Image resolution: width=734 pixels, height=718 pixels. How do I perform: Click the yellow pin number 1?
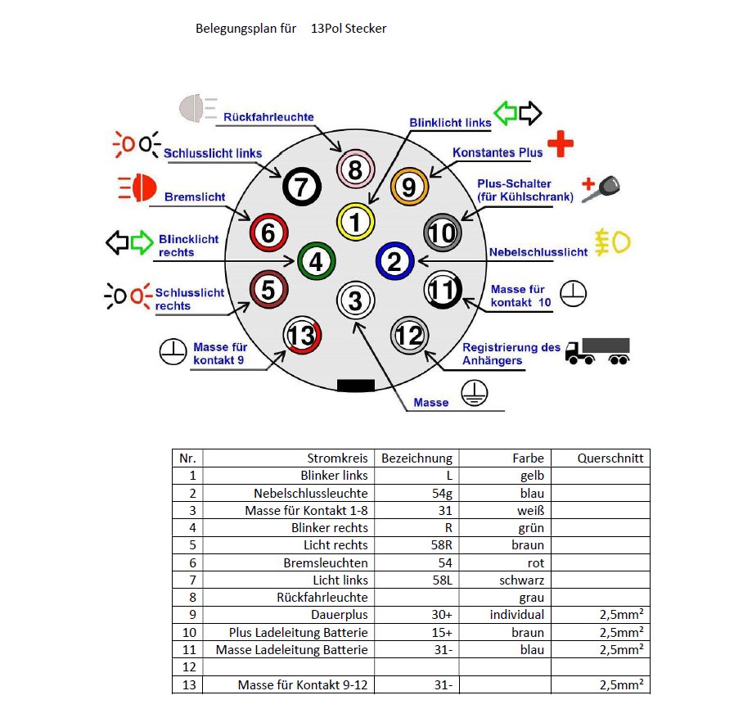(355, 222)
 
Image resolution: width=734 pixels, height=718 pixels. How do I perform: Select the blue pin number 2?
(394, 262)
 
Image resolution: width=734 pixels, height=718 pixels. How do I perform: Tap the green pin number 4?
(316, 262)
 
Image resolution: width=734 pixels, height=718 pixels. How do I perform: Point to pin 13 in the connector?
(301, 336)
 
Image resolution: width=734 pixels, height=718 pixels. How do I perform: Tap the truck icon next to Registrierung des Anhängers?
(598, 351)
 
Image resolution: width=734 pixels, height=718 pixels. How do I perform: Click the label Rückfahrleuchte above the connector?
(268, 117)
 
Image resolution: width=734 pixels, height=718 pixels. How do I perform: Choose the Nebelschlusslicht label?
(538, 252)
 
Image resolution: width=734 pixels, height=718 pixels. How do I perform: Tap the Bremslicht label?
(195, 197)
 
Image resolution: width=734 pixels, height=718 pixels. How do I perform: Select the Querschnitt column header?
(610, 458)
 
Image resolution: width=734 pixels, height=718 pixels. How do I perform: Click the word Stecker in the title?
(366, 29)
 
